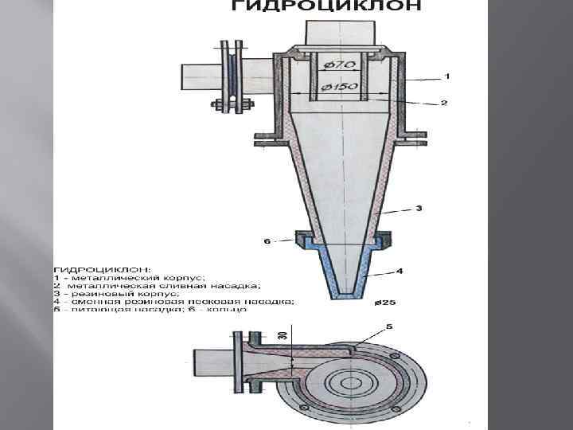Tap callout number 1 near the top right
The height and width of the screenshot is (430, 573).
[446, 76]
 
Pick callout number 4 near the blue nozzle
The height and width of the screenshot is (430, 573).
[400, 271]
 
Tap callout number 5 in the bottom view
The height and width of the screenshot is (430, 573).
[389, 327]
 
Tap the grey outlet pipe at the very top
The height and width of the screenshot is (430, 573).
[337, 32]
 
